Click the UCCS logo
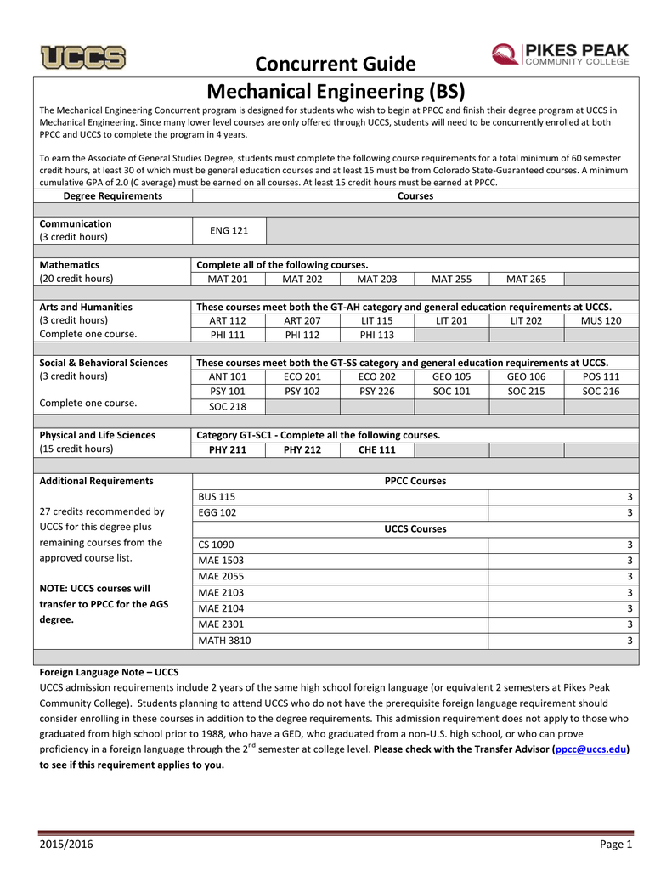(x=83, y=57)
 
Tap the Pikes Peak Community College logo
(x=560, y=54)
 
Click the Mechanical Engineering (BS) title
(x=336, y=91)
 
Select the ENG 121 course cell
(x=229, y=230)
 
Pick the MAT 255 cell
(x=452, y=279)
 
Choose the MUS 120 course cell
(x=601, y=320)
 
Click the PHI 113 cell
(x=377, y=335)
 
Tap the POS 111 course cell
(x=601, y=376)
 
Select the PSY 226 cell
(x=377, y=392)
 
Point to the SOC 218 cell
(x=229, y=408)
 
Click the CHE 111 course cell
(x=377, y=449)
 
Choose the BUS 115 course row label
(x=217, y=497)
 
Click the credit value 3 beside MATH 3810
(x=630, y=641)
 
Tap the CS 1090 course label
(x=216, y=545)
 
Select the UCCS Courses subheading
(x=415, y=528)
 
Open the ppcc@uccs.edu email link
(x=590, y=749)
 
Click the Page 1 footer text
(x=617, y=844)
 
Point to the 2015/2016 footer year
(x=66, y=844)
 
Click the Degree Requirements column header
(x=113, y=195)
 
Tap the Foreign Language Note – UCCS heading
(x=110, y=671)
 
